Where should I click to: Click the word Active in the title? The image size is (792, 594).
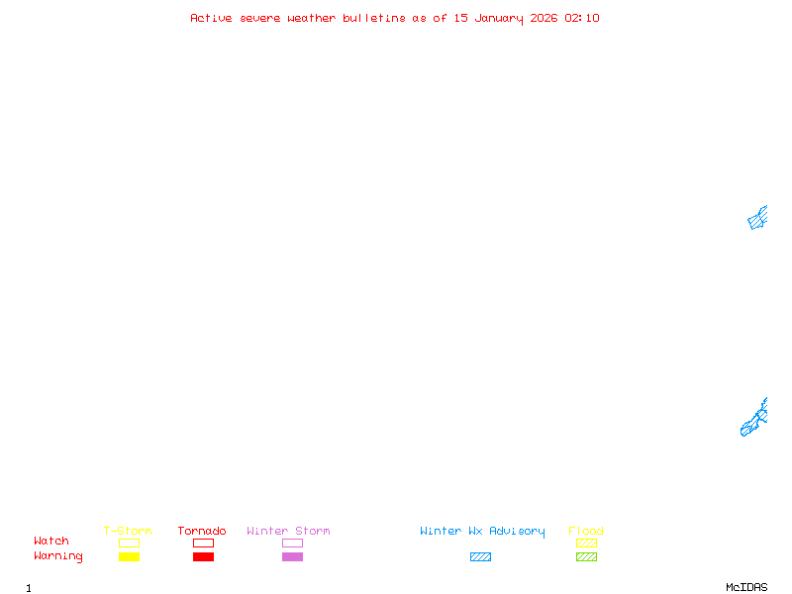[211, 18]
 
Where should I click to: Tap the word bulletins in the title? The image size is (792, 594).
[373, 18]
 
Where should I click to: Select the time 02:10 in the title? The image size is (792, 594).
[582, 18]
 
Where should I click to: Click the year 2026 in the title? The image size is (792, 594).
[544, 18]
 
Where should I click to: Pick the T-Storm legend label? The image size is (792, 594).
[128, 532]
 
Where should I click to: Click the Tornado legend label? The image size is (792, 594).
[202, 532]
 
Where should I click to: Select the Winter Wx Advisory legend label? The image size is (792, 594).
[482, 532]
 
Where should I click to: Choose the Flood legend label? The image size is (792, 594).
[586, 532]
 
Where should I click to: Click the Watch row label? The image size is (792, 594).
[51, 542]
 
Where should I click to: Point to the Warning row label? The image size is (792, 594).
[58, 556]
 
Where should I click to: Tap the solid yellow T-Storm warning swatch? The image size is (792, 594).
[129, 557]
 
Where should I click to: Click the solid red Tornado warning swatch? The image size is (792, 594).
[203, 557]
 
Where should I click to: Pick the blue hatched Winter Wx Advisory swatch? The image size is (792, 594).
[480, 557]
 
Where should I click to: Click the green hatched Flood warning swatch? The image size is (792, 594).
[586, 557]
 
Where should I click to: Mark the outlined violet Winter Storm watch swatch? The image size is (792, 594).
[292, 543]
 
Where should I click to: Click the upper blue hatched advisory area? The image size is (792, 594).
[757, 219]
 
